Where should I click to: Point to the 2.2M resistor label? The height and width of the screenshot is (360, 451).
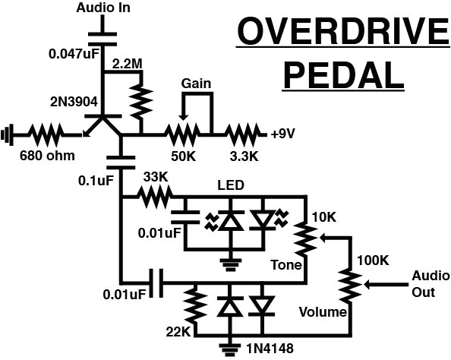click(128, 65)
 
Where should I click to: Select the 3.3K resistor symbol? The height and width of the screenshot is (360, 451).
click(242, 135)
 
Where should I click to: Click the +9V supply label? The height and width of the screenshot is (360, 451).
click(283, 135)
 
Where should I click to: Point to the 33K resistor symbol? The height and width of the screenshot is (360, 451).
click(156, 198)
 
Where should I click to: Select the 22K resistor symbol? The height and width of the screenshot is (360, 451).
click(195, 305)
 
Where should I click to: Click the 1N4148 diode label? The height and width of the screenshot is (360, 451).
click(266, 348)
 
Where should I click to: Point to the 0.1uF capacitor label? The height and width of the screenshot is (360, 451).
click(95, 181)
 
